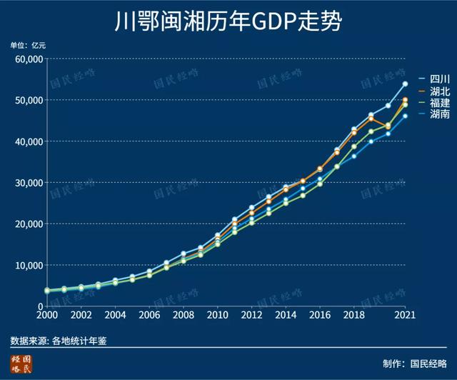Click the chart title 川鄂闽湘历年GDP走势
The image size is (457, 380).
pos(228,21)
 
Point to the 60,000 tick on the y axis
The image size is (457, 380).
pos(29,59)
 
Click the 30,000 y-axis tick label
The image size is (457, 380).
pos(29,183)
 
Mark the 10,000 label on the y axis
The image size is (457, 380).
pos(29,265)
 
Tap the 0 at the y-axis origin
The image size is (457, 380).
pos(40,306)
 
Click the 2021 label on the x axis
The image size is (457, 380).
pos(405,315)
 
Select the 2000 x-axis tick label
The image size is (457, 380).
pos(46,315)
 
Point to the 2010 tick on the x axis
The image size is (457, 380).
pos(217,315)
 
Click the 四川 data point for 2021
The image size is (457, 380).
pos(405,84)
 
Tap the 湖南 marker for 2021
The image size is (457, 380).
pos(405,116)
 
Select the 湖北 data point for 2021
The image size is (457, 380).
pos(405,100)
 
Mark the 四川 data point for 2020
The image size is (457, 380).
pos(388,106)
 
